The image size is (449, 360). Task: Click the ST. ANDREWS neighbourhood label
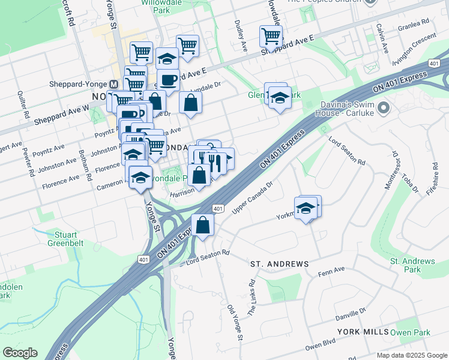tap(279, 264)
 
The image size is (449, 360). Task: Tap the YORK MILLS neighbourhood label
tap(363, 332)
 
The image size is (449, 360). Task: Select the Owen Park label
tap(411, 332)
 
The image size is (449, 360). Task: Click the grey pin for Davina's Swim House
tap(384, 109)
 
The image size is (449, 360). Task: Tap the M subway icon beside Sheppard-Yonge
tap(113, 85)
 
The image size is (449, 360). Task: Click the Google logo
tap(20, 353)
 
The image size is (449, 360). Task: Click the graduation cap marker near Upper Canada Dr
tap(306, 208)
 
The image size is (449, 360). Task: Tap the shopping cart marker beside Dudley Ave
tap(271, 36)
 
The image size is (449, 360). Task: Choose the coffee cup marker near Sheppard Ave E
tap(168, 80)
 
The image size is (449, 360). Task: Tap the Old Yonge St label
tap(235, 322)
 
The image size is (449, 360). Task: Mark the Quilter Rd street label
tap(23, 104)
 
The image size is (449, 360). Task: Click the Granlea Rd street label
tap(414, 25)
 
